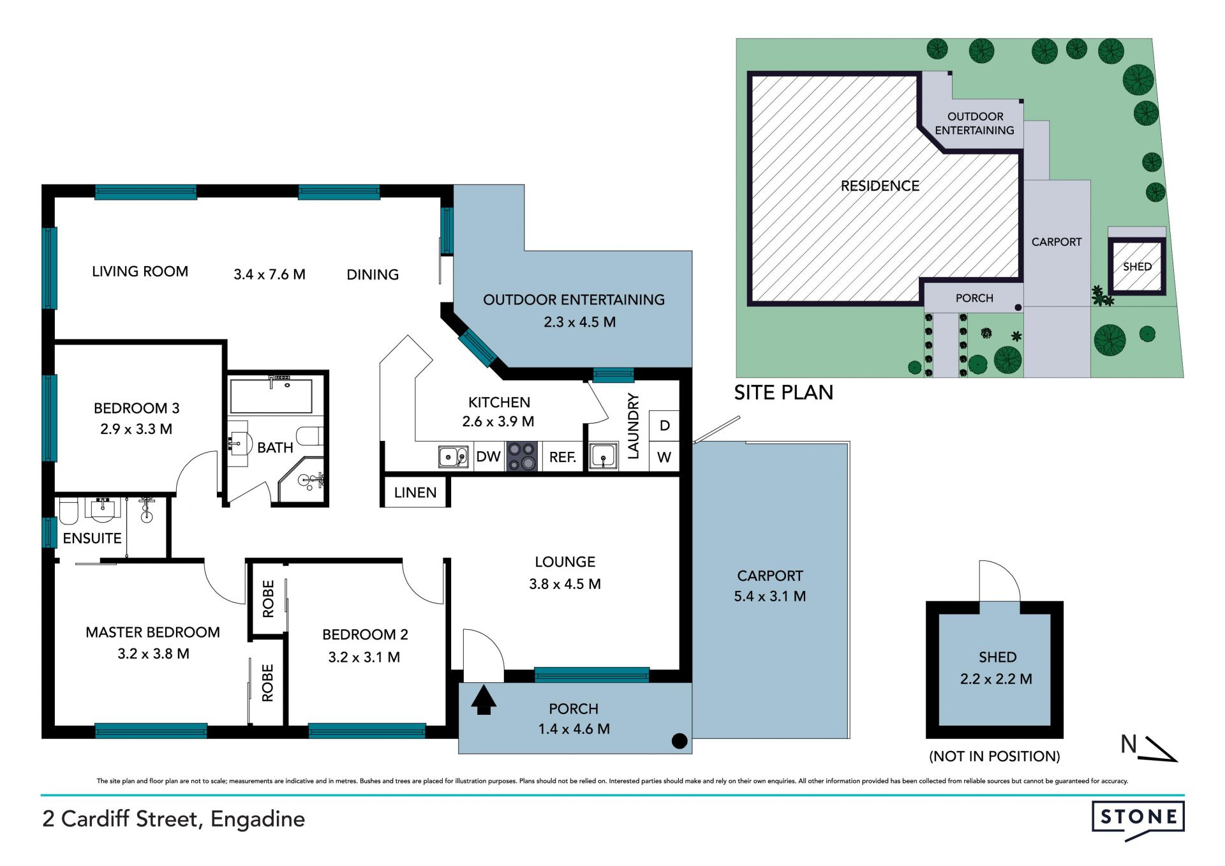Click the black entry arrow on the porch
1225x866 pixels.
pyautogui.click(x=483, y=700)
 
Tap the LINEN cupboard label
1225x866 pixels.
pyautogui.click(x=415, y=493)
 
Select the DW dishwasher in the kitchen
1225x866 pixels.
pyautogui.click(x=489, y=457)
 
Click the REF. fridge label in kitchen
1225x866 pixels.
pyautogui.click(x=563, y=458)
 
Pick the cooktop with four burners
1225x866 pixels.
pyautogui.click(x=522, y=456)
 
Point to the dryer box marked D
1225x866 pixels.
pyautogui.click(x=664, y=426)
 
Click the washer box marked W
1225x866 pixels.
pyautogui.click(x=664, y=457)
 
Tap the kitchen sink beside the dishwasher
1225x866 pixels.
pyautogui.click(x=454, y=457)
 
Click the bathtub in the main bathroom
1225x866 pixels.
pyautogui.click(x=271, y=396)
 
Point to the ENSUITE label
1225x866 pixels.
pyautogui.click(x=92, y=539)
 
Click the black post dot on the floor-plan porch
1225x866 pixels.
pyautogui.click(x=679, y=741)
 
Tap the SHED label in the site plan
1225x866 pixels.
pyautogui.click(x=1137, y=267)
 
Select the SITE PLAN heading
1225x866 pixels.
pyautogui.click(x=783, y=392)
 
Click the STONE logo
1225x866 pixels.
pyautogui.click(x=1138, y=819)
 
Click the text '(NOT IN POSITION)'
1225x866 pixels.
pyautogui.click(x=995, y=756)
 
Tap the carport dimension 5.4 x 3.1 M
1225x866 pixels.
pyautogui.click(x=770, y=597)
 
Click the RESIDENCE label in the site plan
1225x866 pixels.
pyautogui.click(x=880, y=186)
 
